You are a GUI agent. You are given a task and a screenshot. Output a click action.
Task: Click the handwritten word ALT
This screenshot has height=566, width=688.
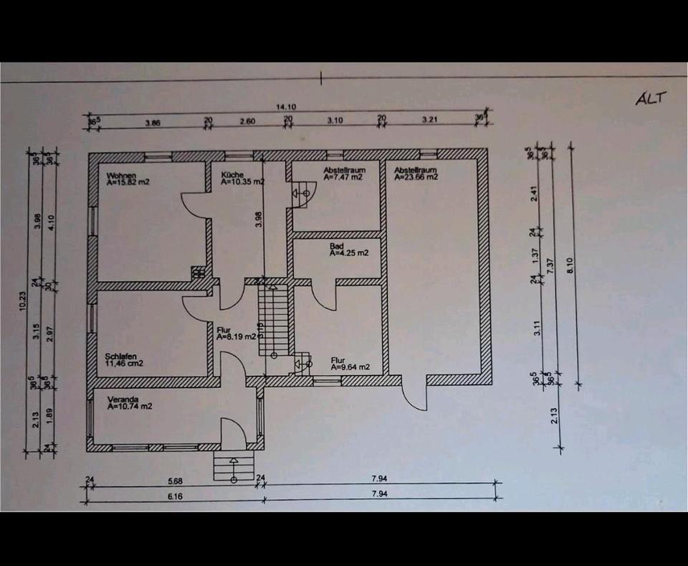pos(651,98)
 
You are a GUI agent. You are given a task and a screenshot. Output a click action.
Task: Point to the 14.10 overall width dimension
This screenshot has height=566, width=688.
pos(286,107)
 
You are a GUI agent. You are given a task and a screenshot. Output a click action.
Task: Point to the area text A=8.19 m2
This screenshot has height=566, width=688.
pos(236,336)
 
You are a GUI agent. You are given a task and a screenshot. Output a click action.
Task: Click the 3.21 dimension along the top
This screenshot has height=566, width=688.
pos(429,121)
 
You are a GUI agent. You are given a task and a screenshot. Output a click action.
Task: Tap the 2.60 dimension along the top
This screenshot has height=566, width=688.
pos(247,121)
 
